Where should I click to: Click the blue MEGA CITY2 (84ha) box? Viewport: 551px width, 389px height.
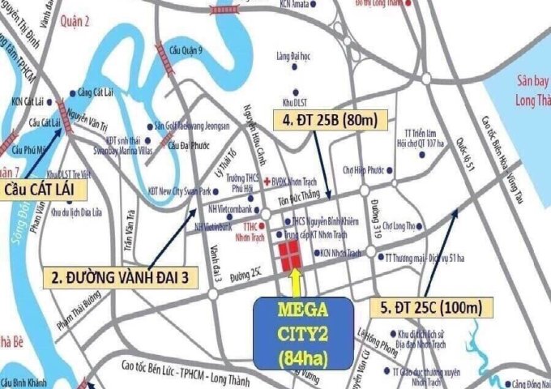click(x=303, y=332)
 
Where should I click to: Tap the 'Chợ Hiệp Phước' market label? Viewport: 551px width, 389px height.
click(x=361, y=171)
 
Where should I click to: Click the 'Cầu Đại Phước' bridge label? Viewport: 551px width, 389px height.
click(x=189, y=146)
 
